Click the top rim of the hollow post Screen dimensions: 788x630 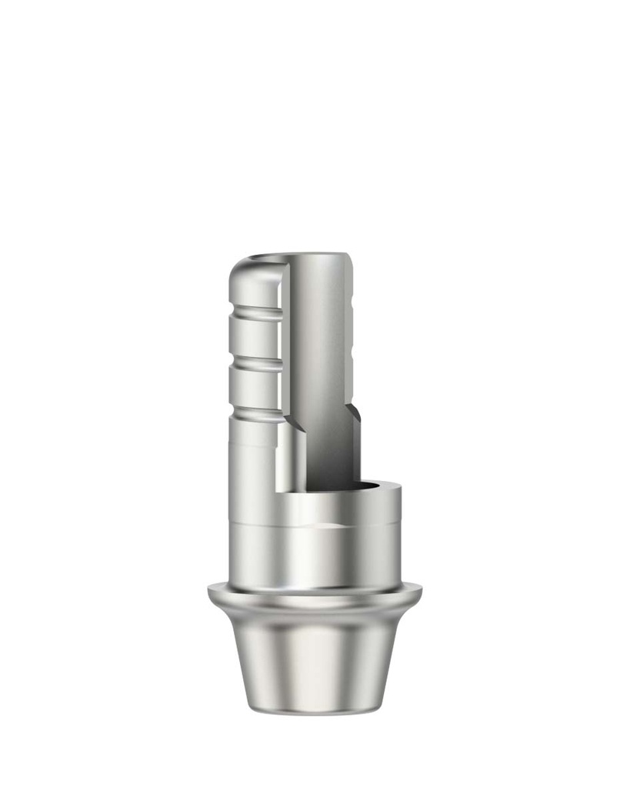315,256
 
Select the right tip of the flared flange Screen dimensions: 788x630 420,593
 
